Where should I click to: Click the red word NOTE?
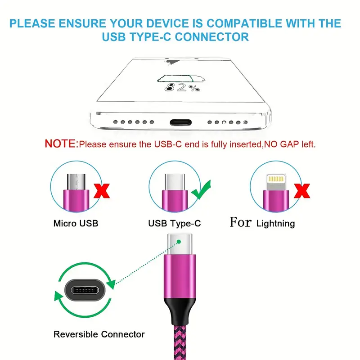[61, 144]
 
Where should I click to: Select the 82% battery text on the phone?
[182, 87]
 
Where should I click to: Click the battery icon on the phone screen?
[181, 78]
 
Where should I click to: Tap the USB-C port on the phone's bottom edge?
[181, 122]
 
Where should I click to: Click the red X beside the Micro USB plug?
[102, 191]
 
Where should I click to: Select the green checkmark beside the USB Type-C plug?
[201, 189]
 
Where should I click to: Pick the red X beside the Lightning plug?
[302, 191]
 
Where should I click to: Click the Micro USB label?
[76, 223]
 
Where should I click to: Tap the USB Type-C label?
[175, 223]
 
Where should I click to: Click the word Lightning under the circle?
[275, 223]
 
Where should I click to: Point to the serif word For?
[241, 222]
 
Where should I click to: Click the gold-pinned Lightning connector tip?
[276, 182]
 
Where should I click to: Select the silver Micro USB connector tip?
[76, 182]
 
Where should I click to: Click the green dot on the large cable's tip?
[179, 242]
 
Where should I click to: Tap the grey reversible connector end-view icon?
[85, 290]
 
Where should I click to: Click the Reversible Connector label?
[99, 334]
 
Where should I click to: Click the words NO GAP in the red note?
[282, 144]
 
